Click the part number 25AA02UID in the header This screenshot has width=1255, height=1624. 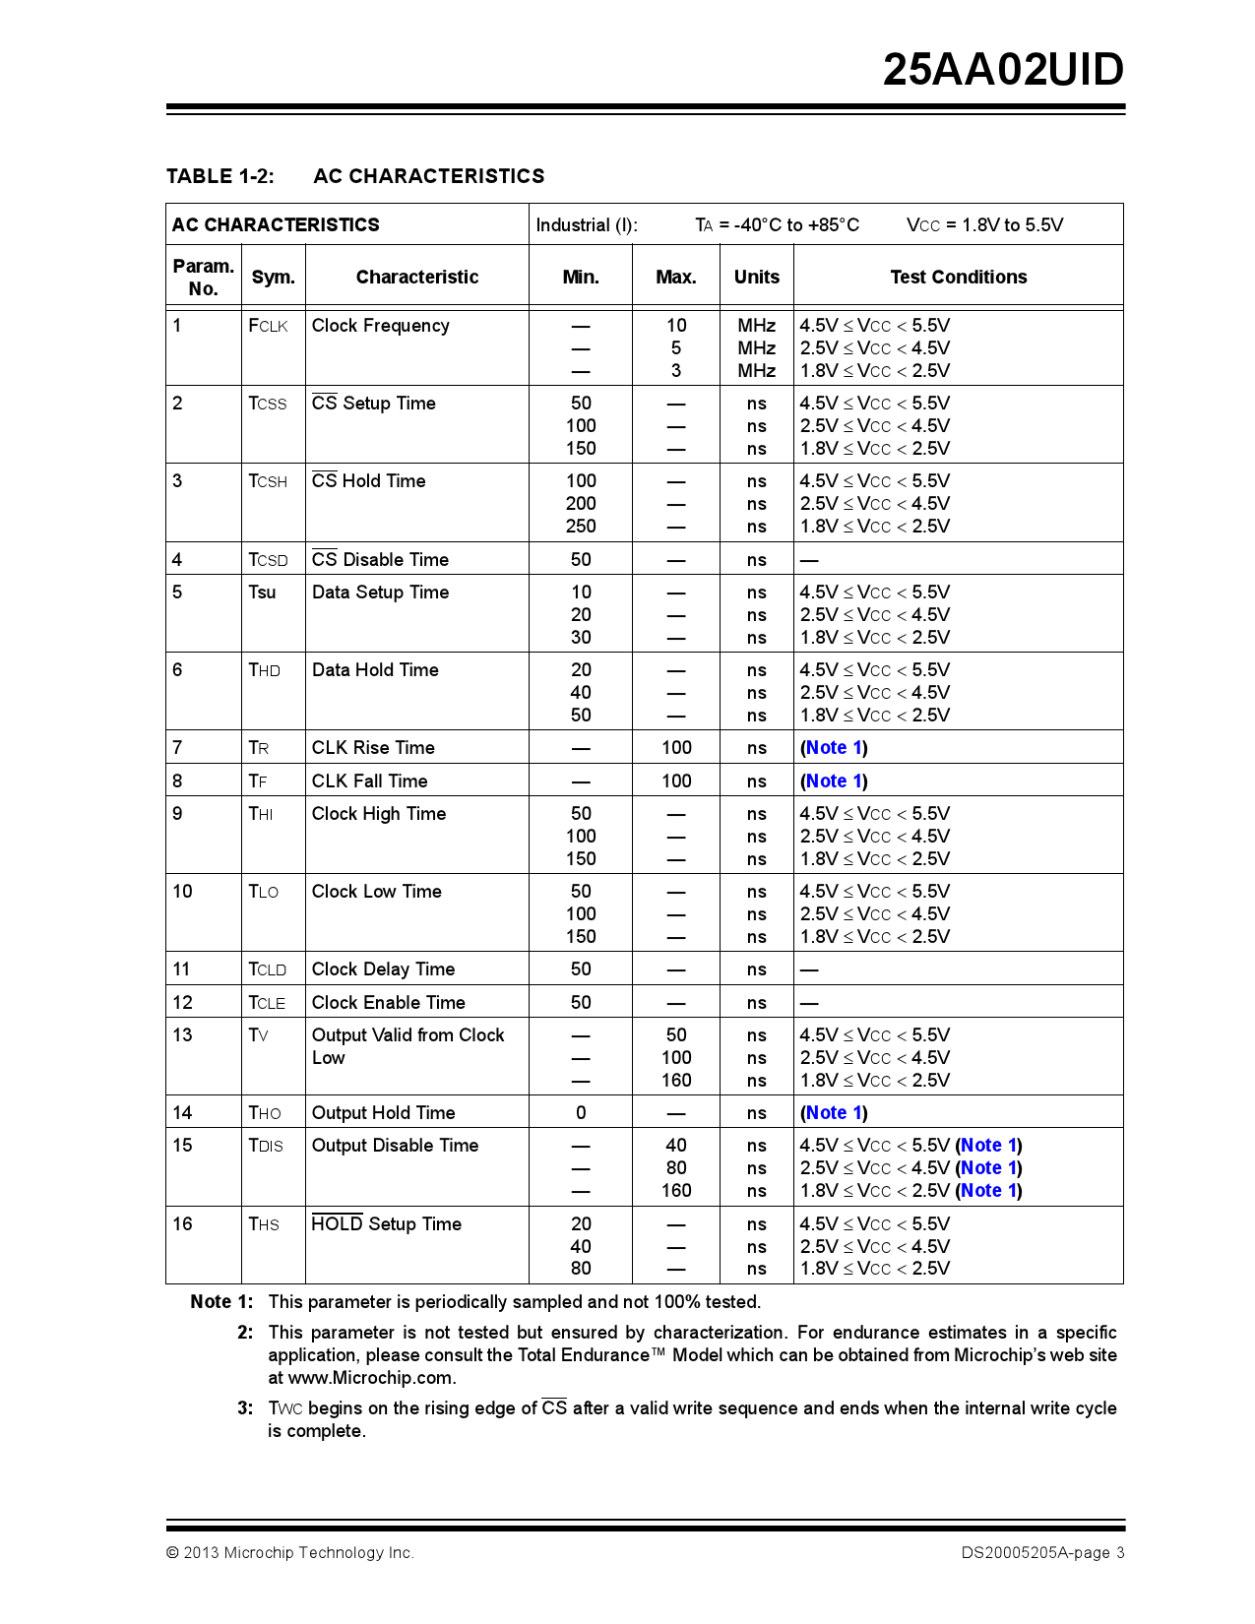tap(1002, 70)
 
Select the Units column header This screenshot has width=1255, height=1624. tap(756, 278)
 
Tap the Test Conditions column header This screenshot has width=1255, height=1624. tap(958, 278)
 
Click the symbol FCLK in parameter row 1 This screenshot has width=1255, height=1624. tap(268, 326)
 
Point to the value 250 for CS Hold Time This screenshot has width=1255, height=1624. tap(581, 527)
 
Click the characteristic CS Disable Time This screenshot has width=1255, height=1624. tap(380, 560)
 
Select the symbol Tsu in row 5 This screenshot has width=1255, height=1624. tap(262, 593)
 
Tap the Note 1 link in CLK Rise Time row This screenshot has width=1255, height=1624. tap(833, 748)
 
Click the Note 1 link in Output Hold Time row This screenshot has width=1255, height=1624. tap(833, 1113)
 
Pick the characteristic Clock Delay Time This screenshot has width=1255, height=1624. tap(383, 969)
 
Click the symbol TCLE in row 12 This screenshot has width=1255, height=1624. tap(267, 1003)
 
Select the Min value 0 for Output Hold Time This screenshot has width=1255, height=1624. tap(581, 1113)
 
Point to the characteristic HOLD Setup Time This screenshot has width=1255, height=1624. tap(386, 1224)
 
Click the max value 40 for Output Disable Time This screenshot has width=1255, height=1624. tap(676, 1146)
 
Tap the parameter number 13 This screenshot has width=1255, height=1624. tap(183, 1035)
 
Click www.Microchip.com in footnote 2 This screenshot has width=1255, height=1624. tap(371, 1378)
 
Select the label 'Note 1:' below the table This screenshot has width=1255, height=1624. tap(221, 1302)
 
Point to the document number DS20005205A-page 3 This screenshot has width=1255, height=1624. tap(1042, 1553)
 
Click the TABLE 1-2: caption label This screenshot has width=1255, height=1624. tap(220, 176)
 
